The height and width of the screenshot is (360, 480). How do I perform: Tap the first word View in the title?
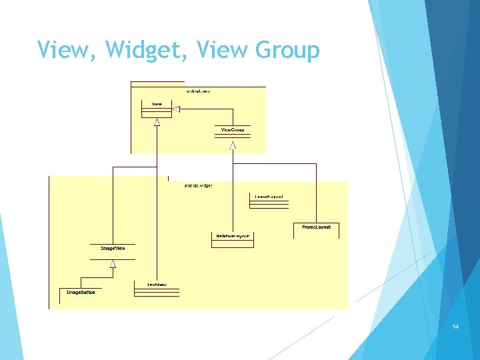(x=62, y=50)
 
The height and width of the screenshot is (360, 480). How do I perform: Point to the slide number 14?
(x=455, y=327)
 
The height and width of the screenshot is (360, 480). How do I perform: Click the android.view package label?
(x=198, y=90)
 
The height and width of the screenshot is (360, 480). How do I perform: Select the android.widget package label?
(x=198, y=185)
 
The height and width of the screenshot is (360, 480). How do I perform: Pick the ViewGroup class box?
(x=233, y=131)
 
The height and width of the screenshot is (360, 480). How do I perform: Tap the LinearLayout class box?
(x=269, y=199)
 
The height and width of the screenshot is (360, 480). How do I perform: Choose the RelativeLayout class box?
(x=232, y=239)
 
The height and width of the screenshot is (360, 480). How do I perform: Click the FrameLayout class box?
(x=316, y=230)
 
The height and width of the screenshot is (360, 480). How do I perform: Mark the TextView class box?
(x=157, y=287)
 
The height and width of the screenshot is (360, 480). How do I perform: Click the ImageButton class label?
(x=81, y=292)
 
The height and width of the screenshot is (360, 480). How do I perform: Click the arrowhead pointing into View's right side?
(x=177, y=109)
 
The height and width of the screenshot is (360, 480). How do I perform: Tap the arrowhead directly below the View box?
(x=157, y=122)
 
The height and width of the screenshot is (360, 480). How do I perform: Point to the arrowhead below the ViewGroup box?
(x=233, y=145)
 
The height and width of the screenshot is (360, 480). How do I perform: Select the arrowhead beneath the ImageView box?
(x=113, y=265)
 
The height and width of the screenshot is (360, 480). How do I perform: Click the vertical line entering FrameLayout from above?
(x=316, y=193)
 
